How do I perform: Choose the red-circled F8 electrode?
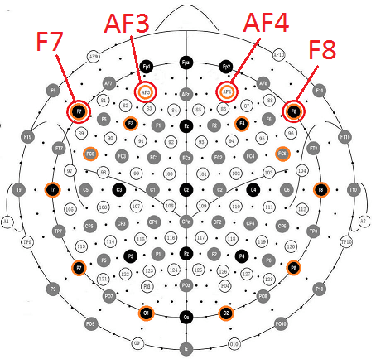294,111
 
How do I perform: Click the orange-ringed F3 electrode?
130,124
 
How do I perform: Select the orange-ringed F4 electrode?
241,124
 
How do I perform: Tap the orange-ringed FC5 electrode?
91,153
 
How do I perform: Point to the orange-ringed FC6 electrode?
282,153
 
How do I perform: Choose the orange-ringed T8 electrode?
321,189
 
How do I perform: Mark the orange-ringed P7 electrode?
79,267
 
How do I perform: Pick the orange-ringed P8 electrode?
293,267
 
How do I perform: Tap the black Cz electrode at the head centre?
186,189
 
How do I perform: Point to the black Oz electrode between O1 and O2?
186,318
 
